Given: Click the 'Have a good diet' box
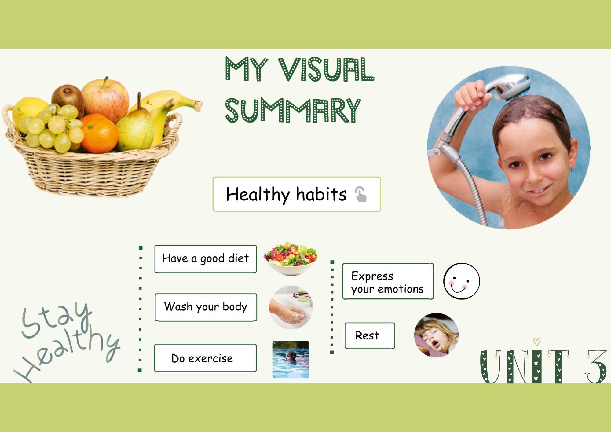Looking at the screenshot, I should coord(205,258).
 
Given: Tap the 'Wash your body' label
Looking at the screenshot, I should coord(206,307).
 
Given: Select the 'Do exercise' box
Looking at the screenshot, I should coord(205,358).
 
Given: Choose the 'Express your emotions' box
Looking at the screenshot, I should coord(388,281).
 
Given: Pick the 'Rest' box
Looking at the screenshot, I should coord(370,335).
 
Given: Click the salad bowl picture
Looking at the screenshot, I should coord(291,258).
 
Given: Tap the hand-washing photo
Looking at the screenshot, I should coord(291,307).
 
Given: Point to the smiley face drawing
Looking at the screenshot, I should coord(461,281).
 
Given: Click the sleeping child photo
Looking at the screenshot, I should coord(436,335).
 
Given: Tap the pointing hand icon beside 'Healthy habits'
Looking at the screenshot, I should coord(361,194).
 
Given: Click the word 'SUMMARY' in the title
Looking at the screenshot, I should coord(293,111).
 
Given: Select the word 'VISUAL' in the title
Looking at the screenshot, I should coord(326,69).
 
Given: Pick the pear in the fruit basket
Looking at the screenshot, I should coord(136,128).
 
